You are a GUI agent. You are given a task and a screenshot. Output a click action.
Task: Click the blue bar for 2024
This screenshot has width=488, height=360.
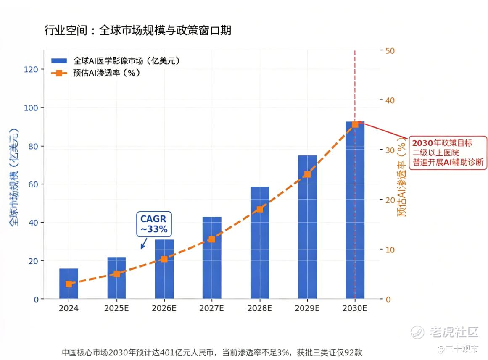tap(69, 284)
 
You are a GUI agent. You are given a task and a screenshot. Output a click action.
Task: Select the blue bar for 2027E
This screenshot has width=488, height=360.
tap(212, 258)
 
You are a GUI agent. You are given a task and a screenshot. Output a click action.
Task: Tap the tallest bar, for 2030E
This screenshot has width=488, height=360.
tap(355, 210)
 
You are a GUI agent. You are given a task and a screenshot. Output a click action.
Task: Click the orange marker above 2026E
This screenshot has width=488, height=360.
tap(164, 259)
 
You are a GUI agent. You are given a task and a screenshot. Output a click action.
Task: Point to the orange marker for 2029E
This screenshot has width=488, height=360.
tap(307, 174)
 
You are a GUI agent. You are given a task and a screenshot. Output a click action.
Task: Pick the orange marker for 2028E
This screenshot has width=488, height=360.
tap(260, 209)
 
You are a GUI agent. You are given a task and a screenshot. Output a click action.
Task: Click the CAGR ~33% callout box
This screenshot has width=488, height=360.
tap(154, 224)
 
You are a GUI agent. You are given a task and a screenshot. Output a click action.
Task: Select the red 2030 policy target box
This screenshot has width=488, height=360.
tap(448, 152)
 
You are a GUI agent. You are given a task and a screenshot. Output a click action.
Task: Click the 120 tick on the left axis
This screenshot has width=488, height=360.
tap(31, 69)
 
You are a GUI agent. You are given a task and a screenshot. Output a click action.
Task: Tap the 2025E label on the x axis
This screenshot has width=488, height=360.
tap(116, 308)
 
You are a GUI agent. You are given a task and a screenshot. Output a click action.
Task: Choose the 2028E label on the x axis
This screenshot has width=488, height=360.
tap(260, 308)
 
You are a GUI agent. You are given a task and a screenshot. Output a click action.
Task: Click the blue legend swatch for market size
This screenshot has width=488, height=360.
tap(59, 60)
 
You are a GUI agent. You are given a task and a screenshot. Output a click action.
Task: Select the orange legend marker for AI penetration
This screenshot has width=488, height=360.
tap(59, 73)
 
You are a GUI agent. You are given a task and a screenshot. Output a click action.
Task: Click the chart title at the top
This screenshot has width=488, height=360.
tap(137, 30)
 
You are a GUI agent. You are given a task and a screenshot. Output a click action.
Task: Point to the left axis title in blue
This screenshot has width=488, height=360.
tap(14, 177)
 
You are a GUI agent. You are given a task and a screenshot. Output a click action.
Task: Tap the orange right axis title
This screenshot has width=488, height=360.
tap(402, 177)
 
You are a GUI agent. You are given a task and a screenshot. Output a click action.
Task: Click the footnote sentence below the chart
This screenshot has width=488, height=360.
tap(212, 352)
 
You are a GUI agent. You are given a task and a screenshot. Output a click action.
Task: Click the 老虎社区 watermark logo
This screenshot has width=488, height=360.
tap(444, 332)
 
